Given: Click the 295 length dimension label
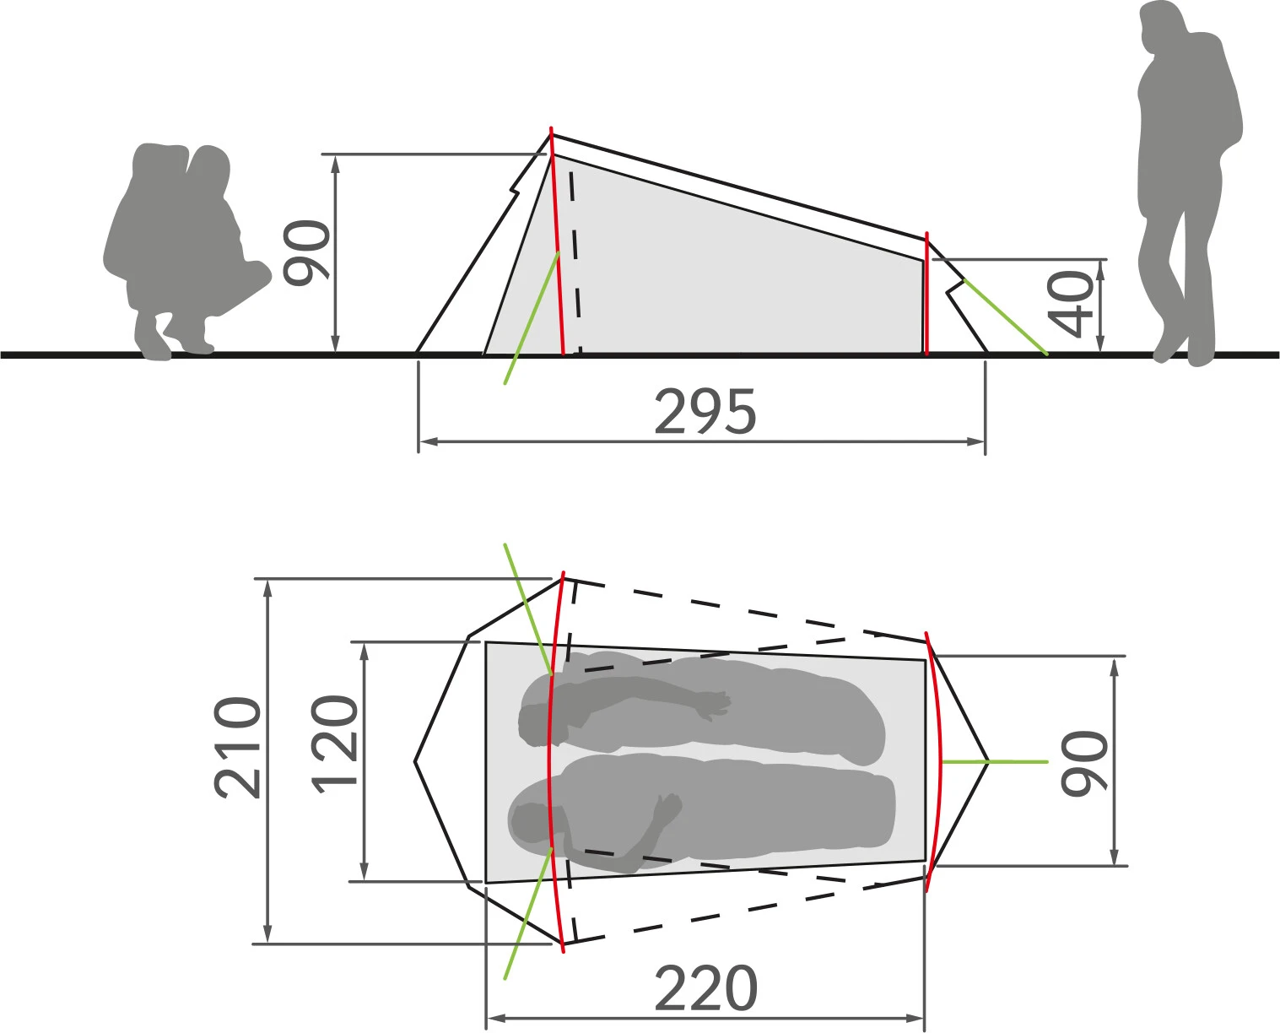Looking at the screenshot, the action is coord(705,411).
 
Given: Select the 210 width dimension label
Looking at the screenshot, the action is coord(237,748).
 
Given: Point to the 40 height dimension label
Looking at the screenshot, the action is coord(1071,304).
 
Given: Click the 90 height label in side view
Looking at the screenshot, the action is coord(305,253).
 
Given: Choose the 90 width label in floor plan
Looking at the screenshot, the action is coord(1085,763).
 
